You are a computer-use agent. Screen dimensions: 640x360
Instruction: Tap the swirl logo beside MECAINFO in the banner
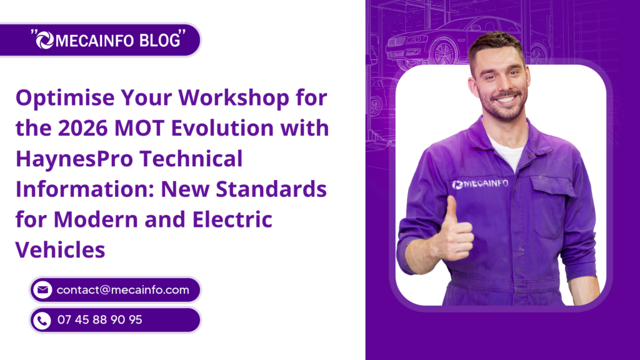point(45,40)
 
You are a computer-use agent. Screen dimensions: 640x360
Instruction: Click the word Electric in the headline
point(232,219)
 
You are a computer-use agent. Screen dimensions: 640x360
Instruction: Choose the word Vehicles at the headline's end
point(61,249)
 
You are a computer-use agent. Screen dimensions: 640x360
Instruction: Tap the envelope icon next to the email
point(42,290)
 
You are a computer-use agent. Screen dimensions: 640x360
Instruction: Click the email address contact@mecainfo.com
point(123,290)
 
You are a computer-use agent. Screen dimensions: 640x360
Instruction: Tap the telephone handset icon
point(42,321)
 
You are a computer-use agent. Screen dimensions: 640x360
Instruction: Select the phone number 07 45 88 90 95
point(99,319)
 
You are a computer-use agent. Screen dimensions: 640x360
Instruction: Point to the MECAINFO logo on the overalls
point(481,184)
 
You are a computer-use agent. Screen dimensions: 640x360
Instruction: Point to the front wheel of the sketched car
point(443,54)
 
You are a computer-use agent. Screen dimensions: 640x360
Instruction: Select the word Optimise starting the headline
point(65,99)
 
